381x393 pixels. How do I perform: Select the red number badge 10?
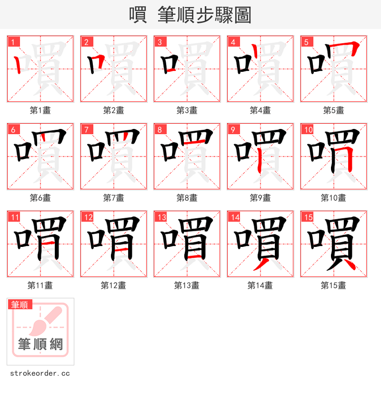pyautogui.click(x=309, y=129)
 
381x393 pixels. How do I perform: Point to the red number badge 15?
pyautogui.click(x=309, y=217)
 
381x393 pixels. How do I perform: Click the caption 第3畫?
pyautogui.click(x=187, y=110)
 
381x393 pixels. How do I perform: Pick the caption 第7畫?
pyautogui.click(x=113, y=198)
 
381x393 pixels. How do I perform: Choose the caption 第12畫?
pyautogui.click(x=113, y=285)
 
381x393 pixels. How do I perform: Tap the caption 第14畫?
pyautogui.click(x=260, y=285)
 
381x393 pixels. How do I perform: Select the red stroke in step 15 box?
pyautogui.click(x=349, y=263)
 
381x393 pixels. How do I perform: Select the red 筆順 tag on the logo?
pyautogui.click(x=20, y=305)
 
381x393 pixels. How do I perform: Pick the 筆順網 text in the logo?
pyautogui.click(x=40, y=344)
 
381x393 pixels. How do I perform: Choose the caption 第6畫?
pyautogui.click(x=40, y=198)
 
